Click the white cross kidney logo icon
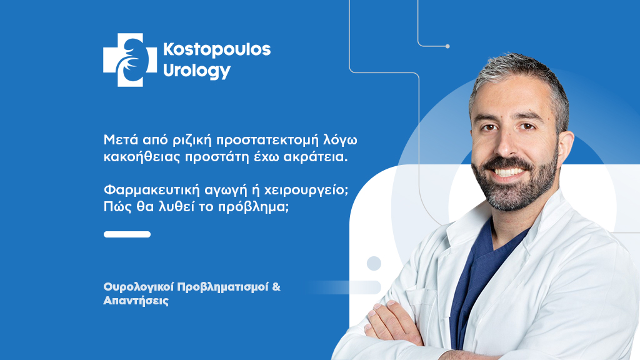pyautogui.click(x=129, y=59)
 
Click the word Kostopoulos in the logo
pyautogui.click(x=216, y=49)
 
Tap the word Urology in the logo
pyautogui.click(x=196, y=71)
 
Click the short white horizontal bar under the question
pyautogui.click(x=127, y=234)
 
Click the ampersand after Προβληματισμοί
pyautogui.click(x=277, y=287)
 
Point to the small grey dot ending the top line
pyautogui.click(x=447, y=46)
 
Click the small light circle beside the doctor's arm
pyautogui.click(x=374, y=263)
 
